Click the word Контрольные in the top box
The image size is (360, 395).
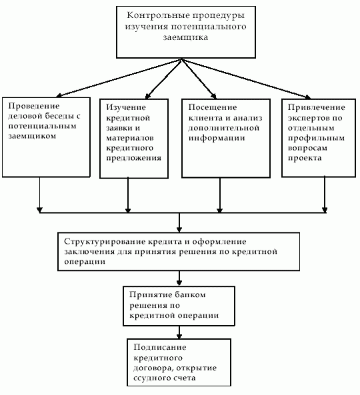click(157, 15)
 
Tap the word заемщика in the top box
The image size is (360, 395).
click(185, 37)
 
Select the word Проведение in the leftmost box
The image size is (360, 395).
click(34, 106)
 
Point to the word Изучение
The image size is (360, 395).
click(126, 107)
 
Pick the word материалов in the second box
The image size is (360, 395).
click(130, 138)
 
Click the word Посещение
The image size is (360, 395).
click(213, 107)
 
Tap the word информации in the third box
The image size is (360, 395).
click(217, 139)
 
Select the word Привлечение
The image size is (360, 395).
click(317, 107)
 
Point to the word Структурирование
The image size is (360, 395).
click(105, 242)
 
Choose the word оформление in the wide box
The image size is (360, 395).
click(219, 242)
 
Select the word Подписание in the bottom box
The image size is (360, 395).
click(160, 348)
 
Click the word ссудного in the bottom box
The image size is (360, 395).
click(152, 378)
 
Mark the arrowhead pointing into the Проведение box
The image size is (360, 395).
click(59, 95)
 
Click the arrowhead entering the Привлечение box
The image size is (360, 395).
click(307, 97)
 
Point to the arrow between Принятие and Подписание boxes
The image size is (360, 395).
click(179, 332)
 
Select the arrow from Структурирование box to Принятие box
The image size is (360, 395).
click(179, 278)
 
